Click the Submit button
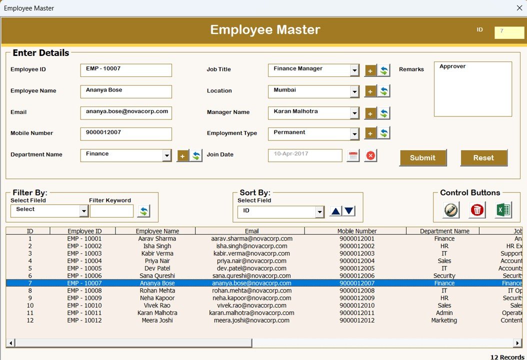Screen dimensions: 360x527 (x=422, y=158)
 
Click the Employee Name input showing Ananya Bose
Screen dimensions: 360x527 (x=125, y=91)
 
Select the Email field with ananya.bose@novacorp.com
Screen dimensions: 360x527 (x=125, y=112)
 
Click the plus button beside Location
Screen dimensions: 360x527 (x=370, y=91)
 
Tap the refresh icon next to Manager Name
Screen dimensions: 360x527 (x=384, y=113)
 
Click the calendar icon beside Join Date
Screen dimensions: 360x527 (x=353, y=155)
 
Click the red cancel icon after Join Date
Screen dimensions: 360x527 (x=370, y=155)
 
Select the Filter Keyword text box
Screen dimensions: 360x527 (x=111, y=211)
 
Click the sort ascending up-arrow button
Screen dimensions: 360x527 (x=335, y=211)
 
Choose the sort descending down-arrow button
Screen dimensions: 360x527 (x=349, y=211)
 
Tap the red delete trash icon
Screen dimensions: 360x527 (x=477, y=210)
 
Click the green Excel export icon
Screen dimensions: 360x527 (x=503, y=210)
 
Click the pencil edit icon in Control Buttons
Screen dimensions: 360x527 (x=451, y=210)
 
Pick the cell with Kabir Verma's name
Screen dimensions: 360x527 (x=157, y=253)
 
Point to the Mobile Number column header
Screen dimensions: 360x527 (x=357, y=231)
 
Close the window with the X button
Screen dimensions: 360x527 (x=519, y=8)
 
